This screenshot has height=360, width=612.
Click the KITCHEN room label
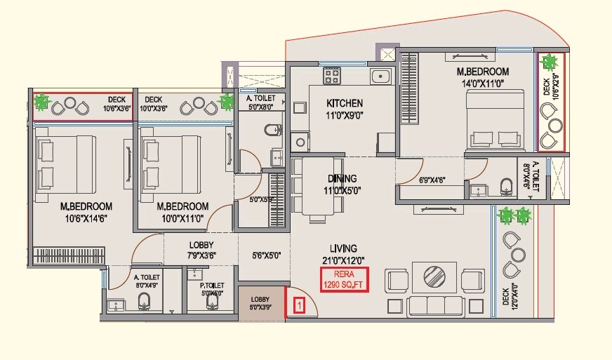pos(344,104)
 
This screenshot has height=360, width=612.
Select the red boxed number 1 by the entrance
pos(299,305)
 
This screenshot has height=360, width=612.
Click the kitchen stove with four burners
pos(332,74)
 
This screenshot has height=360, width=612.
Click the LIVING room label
pos(344,248)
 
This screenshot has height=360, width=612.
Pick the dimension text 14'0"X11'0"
pos(482,84)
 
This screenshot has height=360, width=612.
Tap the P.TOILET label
pos(211,286)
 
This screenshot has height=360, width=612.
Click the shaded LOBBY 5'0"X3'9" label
pos(261,303)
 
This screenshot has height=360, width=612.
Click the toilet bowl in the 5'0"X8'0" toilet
pos(274,130)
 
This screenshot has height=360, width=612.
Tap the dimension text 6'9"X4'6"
pos(431,180)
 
